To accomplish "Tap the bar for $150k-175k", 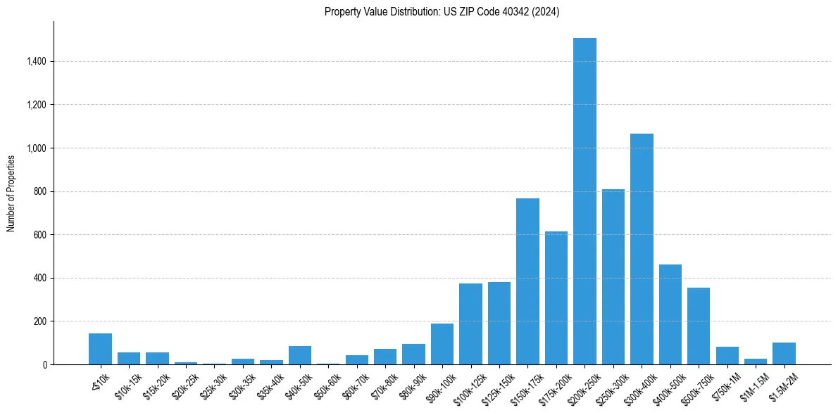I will (527, 281).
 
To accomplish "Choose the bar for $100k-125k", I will (470, 324).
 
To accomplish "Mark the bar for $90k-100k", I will (442, 344).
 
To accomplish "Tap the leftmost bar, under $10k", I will (100, 349).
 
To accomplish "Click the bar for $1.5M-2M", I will (784, 353).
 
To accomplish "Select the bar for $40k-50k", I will (300, 355).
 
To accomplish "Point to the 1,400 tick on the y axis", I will (36, 62).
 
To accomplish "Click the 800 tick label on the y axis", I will (39, 192).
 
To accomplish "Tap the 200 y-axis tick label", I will (39, 321).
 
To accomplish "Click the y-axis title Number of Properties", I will (11, 193).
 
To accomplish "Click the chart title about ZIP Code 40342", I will (442, 12).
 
